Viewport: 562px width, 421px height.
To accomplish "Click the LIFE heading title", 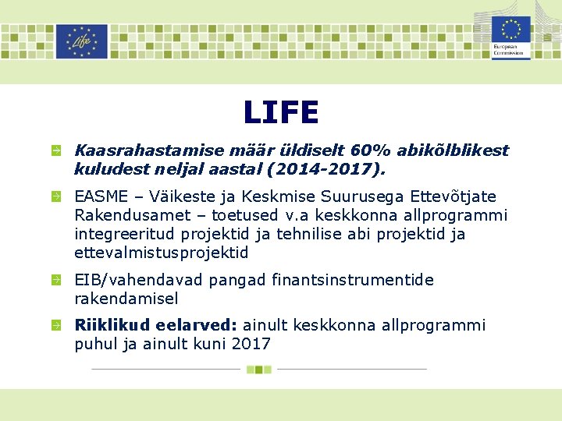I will [280, 112].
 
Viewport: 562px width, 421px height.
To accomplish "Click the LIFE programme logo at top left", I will [81, 41].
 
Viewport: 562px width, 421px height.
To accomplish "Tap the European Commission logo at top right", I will [510, 37].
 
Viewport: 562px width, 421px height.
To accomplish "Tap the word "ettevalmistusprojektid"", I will [162, 252].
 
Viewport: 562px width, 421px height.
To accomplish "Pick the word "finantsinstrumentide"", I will [352, 279].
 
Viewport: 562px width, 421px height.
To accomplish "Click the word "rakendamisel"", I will [126, 298].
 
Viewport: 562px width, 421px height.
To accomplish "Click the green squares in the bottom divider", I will [258, 369].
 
